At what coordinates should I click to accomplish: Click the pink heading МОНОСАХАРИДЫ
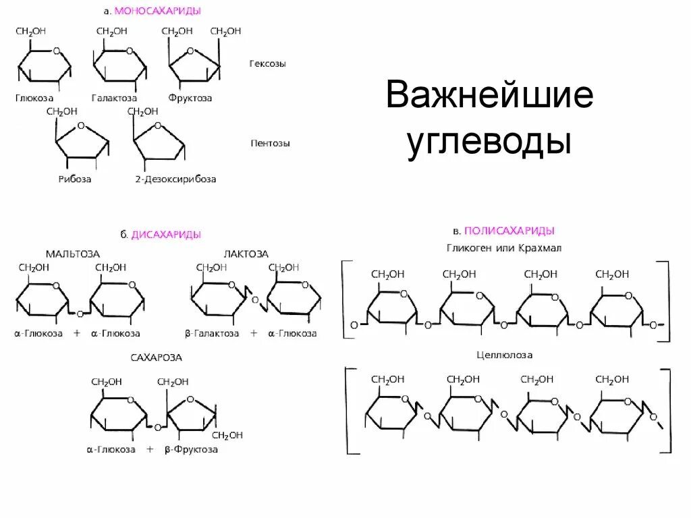pos(158,11)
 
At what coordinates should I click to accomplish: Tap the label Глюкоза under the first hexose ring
pos(34,98)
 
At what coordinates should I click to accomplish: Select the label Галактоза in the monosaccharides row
pos(115,98)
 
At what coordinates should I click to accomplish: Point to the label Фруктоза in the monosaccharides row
pos(190,98)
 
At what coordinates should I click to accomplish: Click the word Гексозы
pos(267,64)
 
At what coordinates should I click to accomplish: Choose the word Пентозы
pos(270,144)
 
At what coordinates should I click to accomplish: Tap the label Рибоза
pos(74,179)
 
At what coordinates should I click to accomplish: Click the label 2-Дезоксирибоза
pos(175,179)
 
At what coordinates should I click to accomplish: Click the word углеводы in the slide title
pos(489,142)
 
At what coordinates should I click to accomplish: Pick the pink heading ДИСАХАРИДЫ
pos(166,235)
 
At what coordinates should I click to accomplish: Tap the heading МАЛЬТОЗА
pos(73,254)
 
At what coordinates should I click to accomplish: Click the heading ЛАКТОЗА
pos(246,254)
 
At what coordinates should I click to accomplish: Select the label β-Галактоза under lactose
pos(212,333)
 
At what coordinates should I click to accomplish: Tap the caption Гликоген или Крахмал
pos(504,248)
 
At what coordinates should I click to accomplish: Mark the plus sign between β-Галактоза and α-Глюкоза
pos(254,333)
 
